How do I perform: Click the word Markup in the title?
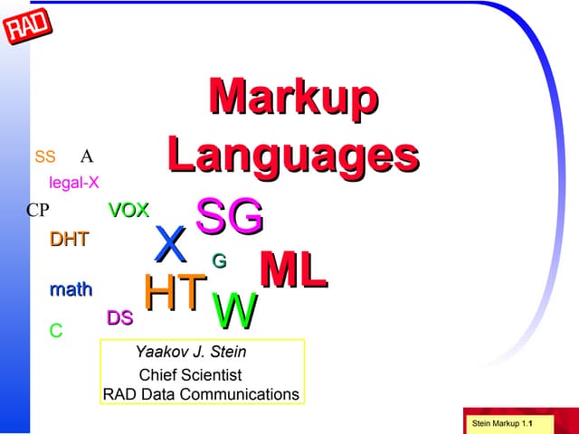[293, 97]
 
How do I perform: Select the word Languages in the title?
[293, 154]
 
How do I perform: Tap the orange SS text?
[45, 157]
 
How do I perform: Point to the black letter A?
[87, 156]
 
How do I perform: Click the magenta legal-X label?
[74, 183]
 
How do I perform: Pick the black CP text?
[37, 211]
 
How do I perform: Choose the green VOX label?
[128, 211]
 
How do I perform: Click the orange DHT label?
[69, 241]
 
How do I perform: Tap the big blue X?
[170, 244]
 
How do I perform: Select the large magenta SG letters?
[230, 218]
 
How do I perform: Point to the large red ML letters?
[293, 270]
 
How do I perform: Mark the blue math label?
[71, 290]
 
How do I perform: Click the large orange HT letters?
[174, 293]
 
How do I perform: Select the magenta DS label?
[120, 318]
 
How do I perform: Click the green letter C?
[56, 332]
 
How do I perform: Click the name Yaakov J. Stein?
[190, 352]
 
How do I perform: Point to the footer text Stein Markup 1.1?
[501, 424]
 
